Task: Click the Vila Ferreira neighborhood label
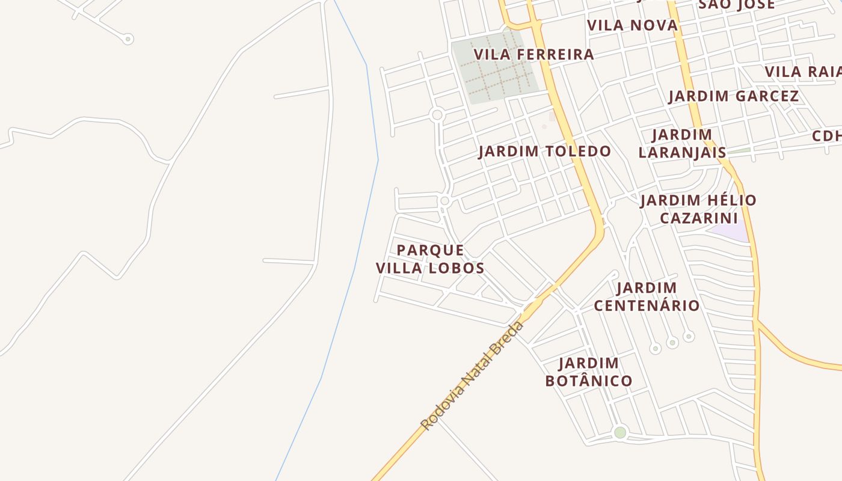533,55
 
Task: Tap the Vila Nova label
632,25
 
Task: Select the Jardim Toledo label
544,152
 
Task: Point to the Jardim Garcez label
733,96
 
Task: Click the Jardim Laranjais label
682,143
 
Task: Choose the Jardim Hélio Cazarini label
698,209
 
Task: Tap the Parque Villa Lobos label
430,259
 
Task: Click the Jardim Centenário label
647,296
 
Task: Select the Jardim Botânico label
589,372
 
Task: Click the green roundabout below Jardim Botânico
620,432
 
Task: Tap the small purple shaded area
730,232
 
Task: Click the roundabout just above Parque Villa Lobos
444,201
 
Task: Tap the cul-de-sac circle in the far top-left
128,39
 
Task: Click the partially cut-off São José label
736,5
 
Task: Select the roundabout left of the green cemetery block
437,114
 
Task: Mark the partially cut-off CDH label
827,136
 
